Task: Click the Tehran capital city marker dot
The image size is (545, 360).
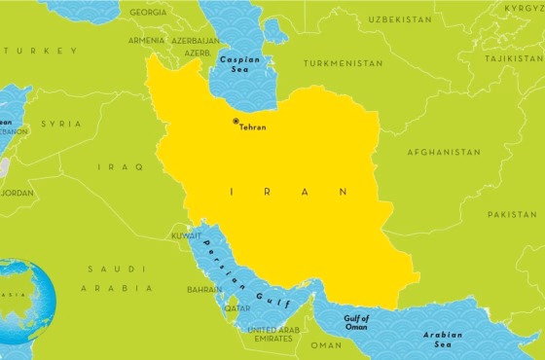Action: click(x=235, y=121)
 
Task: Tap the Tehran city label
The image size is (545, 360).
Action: click(x=252, y=127)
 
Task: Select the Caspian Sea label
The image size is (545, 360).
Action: click(x=238, y=64)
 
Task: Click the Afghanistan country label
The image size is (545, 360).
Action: click(x=445, y=153)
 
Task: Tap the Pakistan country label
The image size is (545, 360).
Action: click(x=512, y=213)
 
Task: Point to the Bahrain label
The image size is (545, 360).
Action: click(x=204, y=289)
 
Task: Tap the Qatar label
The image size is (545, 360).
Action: click(x=237, y=307)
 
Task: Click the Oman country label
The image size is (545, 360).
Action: click(x=326, y=344)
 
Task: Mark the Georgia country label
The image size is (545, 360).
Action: click(x=148, y=12)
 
